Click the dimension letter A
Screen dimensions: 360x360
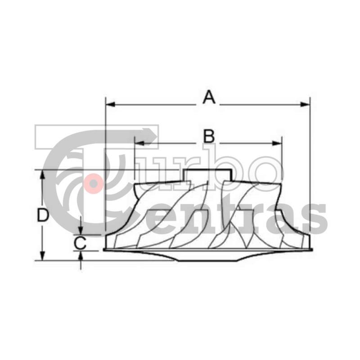pos(209,97)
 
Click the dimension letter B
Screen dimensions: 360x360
pos(209,136)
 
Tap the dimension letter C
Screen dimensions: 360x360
pos(80,243)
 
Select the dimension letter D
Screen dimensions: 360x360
pos(43,216)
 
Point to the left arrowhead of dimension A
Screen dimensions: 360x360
pos(110,105)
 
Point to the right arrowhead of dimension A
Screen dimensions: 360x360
pos(305,105)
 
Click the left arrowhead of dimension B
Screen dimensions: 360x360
pos(139,144)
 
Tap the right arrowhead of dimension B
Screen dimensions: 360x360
pos(277,144)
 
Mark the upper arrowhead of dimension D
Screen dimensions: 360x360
pos(42,175)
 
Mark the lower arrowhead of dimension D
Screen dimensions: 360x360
pos(42,256)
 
